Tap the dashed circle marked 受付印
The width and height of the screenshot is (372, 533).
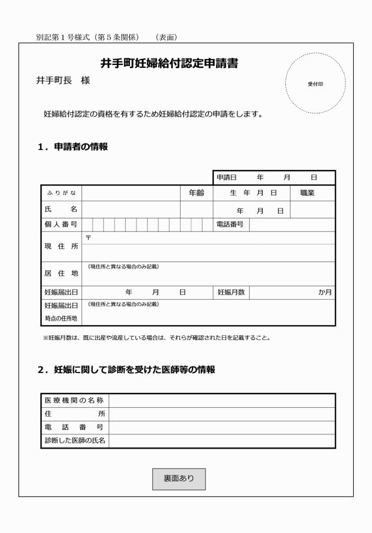pyautogui.click(x=315, y=84)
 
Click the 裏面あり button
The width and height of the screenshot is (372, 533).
pyautogui.click(x=179, y=479)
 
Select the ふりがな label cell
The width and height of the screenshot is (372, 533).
pyautogui.click(x=61, y=193)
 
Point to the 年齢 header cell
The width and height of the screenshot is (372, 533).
pyautogui.click(x=196, y=193)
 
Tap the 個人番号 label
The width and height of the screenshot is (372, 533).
pyautogui.click(x=61, y=224)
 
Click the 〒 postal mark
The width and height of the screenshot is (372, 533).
pyautogui.click(x=88, y=237)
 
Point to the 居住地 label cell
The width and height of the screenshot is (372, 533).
pyautogui.click(x=61, y=274)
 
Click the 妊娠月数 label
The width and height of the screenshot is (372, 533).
pyautogui.click(x=231, y=292)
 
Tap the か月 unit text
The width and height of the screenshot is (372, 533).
pyautogui.click(x=325, y=292)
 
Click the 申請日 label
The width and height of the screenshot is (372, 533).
pyautogui.click(x=226, y=178)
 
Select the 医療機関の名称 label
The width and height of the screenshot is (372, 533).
pyautogui.click(x=74, y=400)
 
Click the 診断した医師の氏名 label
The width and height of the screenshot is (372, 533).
pyautogui.click(x=74, y=441)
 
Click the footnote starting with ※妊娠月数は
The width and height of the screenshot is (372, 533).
pyautogui.click(x=156, y=338)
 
